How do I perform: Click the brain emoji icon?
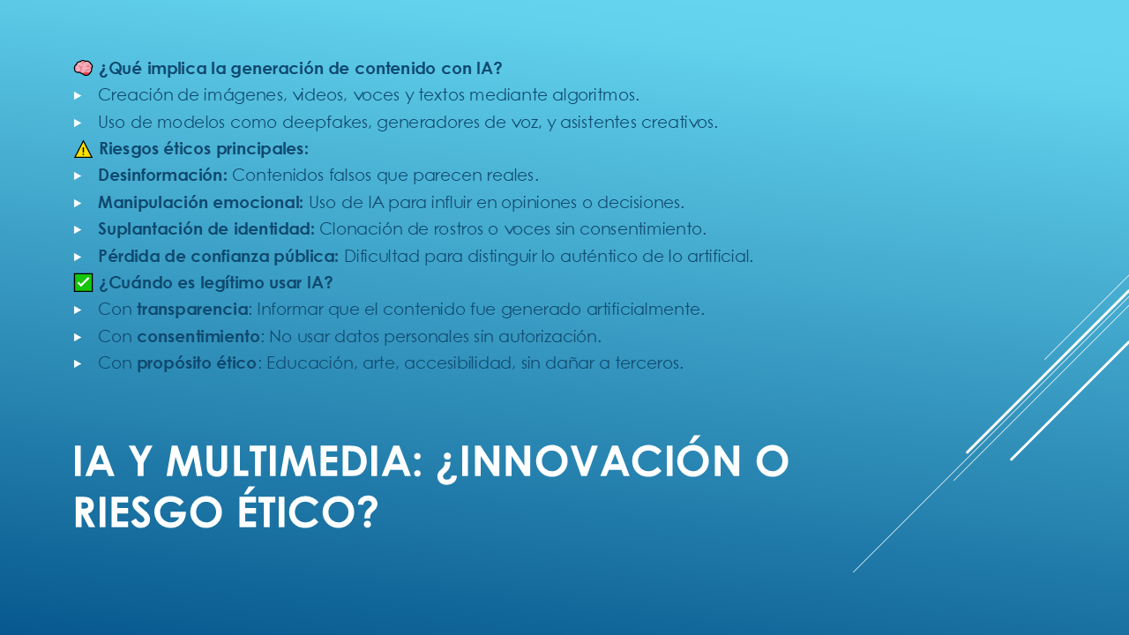pos(83,68)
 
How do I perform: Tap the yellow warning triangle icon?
pos(83,149)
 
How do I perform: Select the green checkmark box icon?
pos(83,283)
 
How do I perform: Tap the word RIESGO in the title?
pos(147,512)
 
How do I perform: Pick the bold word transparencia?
pos(193,310)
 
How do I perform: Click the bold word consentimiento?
pos(198,336)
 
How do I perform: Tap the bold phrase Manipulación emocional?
pos(200,203)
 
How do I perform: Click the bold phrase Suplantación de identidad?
pos(206,229)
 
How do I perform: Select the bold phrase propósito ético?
pos(197,363)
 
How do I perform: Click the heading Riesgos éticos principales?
pos(204,149)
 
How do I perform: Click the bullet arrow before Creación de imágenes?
pos(78,95)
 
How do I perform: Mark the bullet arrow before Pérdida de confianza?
pos(78,257)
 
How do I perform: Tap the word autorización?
pos(550,336)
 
